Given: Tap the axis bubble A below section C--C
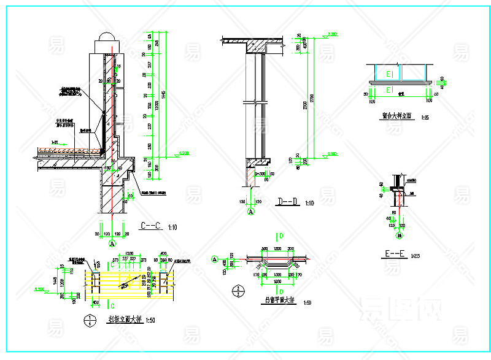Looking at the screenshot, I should (112, 243).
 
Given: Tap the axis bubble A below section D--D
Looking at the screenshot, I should (251, 212).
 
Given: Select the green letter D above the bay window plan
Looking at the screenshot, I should (280, 236).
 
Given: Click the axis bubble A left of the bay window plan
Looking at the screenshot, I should (214, 259).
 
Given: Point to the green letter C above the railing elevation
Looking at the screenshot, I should (112, 265).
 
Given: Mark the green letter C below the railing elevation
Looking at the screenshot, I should (112, 304).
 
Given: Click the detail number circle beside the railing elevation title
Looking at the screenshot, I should (91, 320).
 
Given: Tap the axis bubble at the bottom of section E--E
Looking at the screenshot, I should (400, 236).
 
